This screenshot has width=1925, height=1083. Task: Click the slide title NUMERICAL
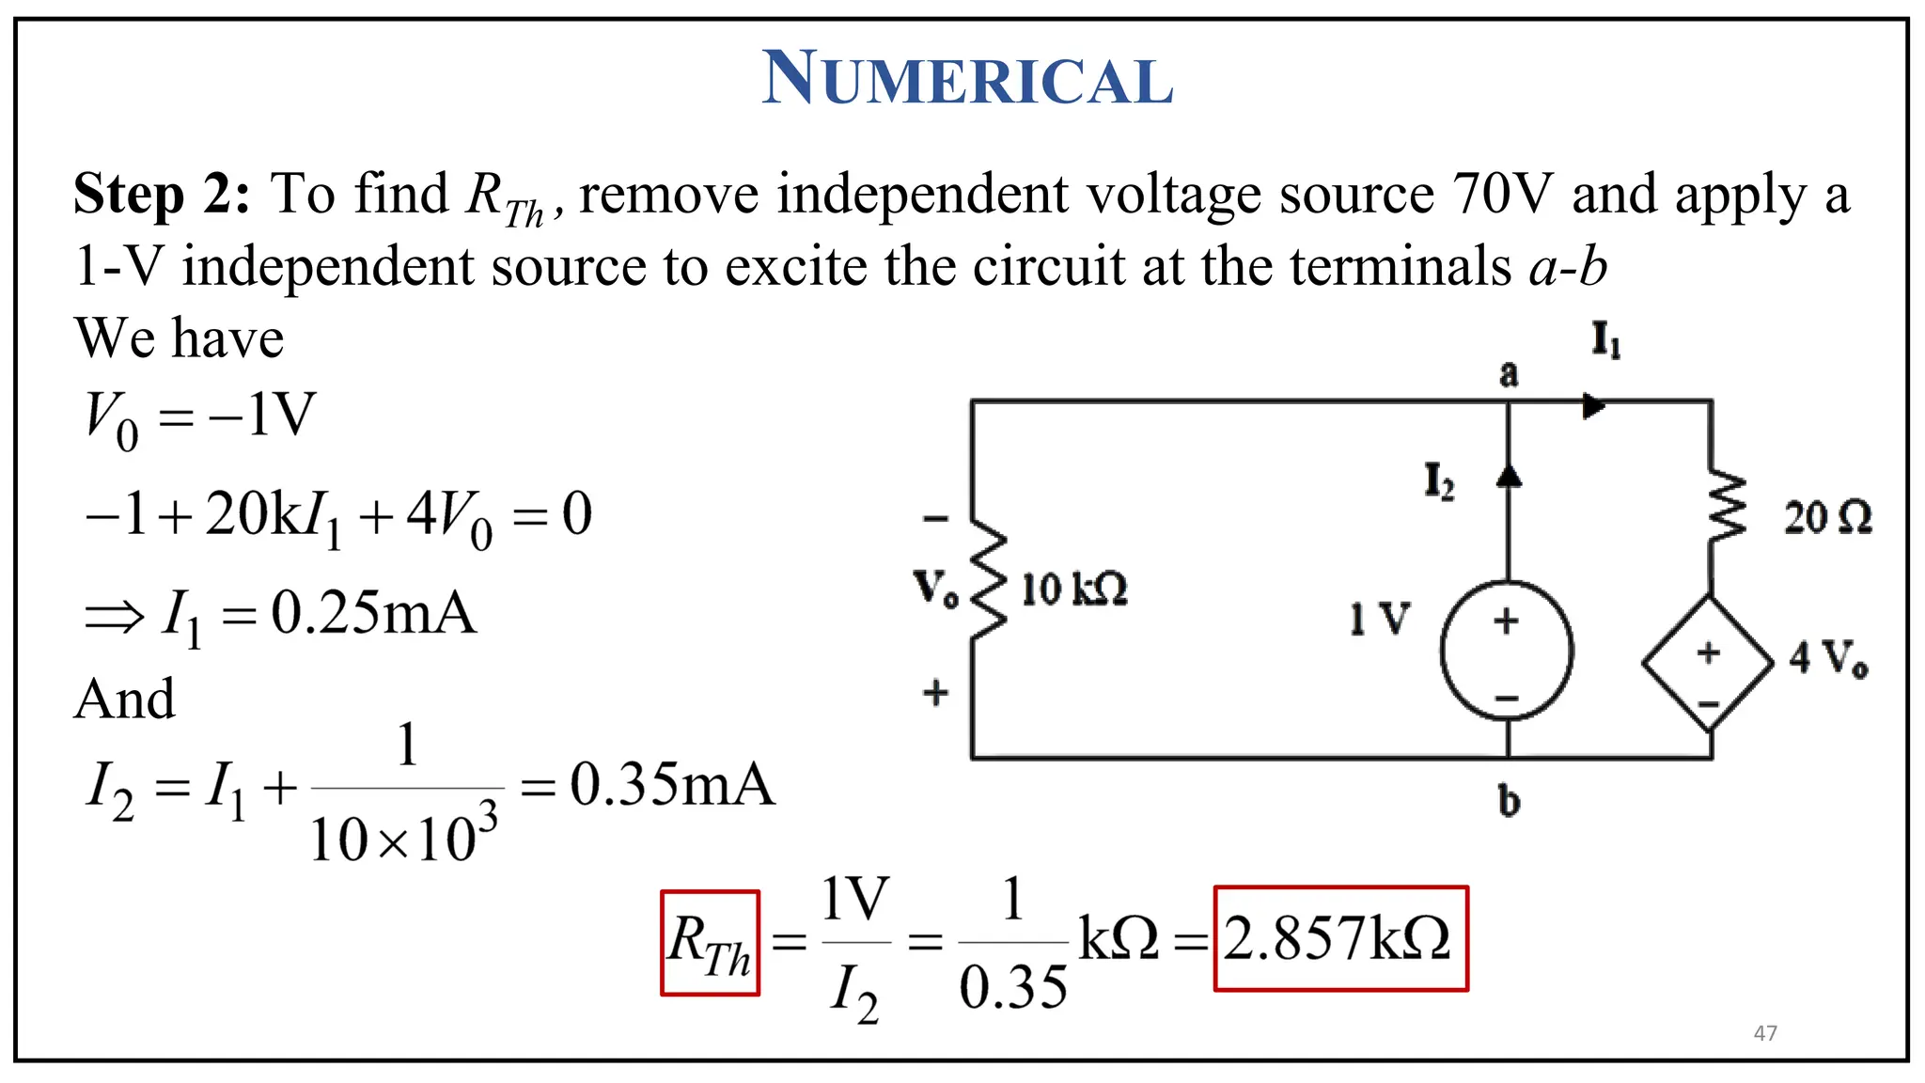[x=967, y=79]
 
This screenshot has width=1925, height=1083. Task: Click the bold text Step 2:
[x=162, y=195]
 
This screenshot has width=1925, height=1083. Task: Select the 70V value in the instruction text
[x=1502, y=195]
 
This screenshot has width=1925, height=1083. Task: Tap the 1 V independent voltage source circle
[x=1507, y=651]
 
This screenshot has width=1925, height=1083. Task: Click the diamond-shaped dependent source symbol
[x=1708, y=664]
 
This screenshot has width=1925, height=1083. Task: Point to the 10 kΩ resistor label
[x=1074, y=590]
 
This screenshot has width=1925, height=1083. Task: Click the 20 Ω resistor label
[x=1827, y=518]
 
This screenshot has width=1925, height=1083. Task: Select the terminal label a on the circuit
[x=1509, y=373]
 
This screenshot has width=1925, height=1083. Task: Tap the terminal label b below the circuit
[x=1509, y=801]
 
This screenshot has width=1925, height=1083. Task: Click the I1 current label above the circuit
[x=1605, y=339]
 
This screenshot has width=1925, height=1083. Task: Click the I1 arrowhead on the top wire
[x=1593, y=406]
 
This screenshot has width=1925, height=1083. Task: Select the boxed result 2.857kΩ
[x=1339, y=938]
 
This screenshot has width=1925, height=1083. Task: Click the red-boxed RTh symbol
[x=710, y=942]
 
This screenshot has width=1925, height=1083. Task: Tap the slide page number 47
[x=1765, y=1033]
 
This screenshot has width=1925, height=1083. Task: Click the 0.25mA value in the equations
[x=373, y=614]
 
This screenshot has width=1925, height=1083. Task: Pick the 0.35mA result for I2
[x=672, y=785]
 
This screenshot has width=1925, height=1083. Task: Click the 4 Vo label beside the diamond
[x=1828, y=658]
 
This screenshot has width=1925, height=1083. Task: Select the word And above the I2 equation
[x=125, y=698]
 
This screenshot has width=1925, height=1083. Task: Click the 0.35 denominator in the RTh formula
[x=1013, y=988]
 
